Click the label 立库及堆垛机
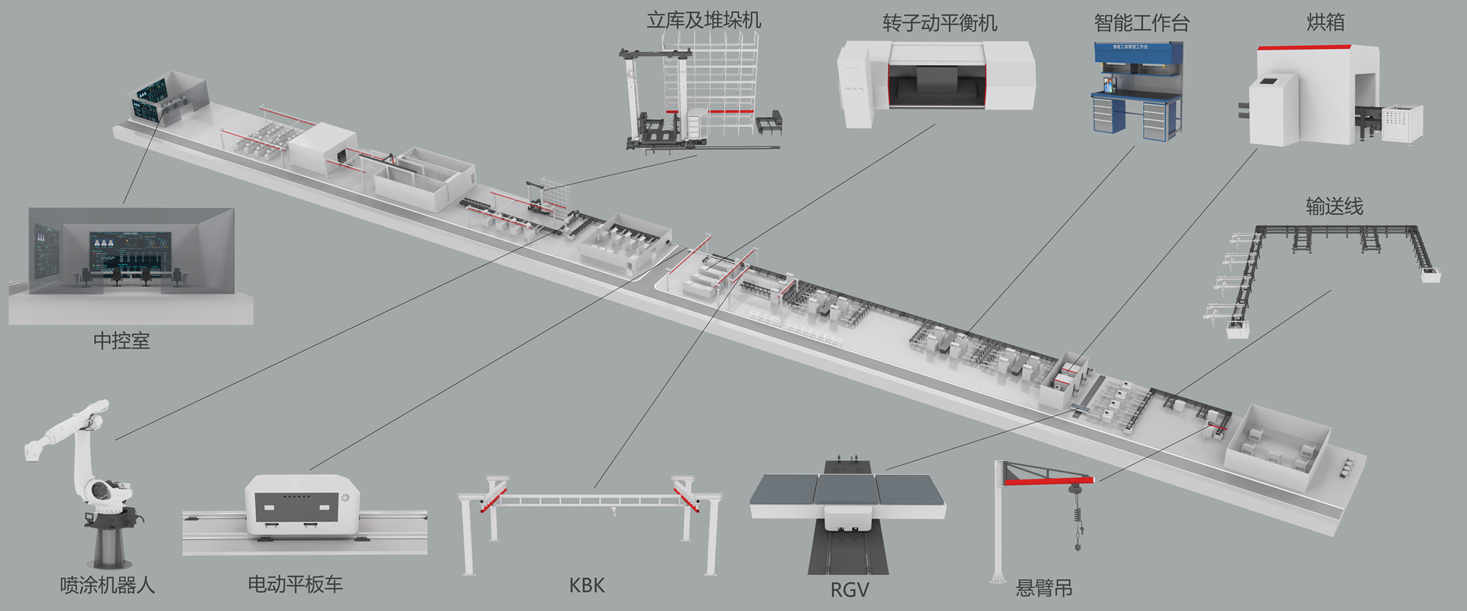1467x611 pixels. pyautogui.click(x=704, y=21)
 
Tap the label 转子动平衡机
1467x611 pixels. pyautogui.click(x=940, y=24)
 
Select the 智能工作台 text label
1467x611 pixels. pyautogui.click(x=1142, y=24)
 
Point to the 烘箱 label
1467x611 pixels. pyautogui.click(x=1326, y=23)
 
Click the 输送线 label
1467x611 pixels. pyautogui.click(x=1334, y=206)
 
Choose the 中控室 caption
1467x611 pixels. pyautogui.click(x=121, y=341)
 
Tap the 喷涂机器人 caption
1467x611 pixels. pyautogui.click(x=108, y=586)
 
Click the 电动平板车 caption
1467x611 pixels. pyautogui.click(x=295, y=585)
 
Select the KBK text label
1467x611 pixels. pyautogui.click(x=587, y=586)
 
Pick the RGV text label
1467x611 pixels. pyautogui.click(x=850, y=590)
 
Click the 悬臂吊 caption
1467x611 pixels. pyautogui.click(x=1044, y=588)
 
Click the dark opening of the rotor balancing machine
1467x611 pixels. pyautogui.click(x=936, y=85)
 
